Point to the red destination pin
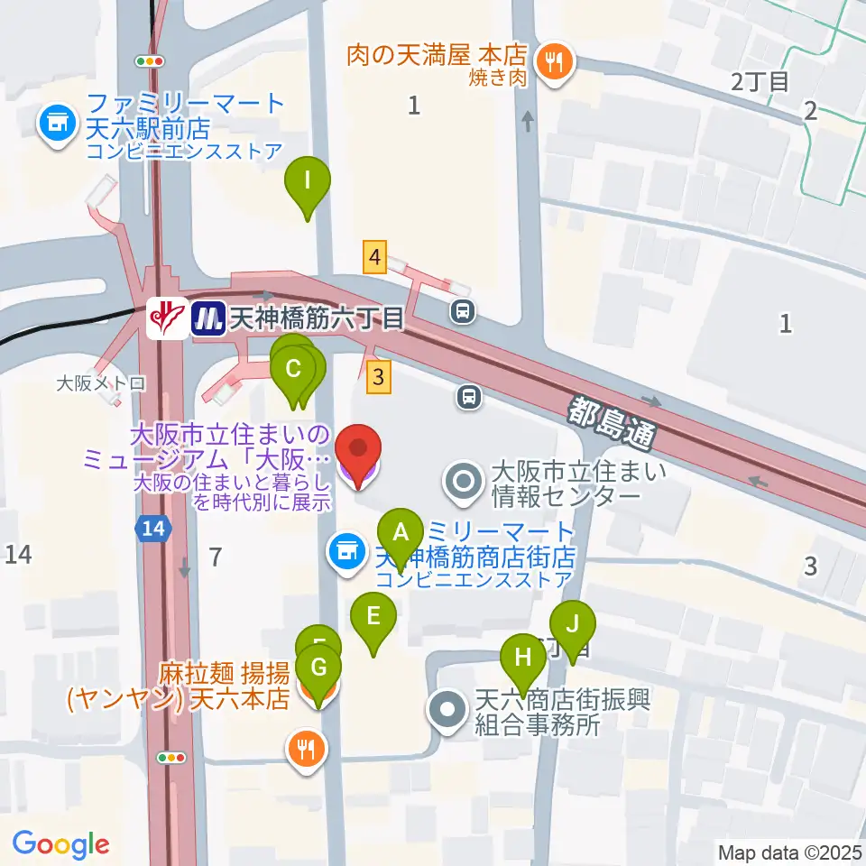coord(358,452)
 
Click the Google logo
coord(60,844)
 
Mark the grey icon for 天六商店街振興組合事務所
coord(448,711)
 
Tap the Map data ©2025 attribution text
coord(789,852)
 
